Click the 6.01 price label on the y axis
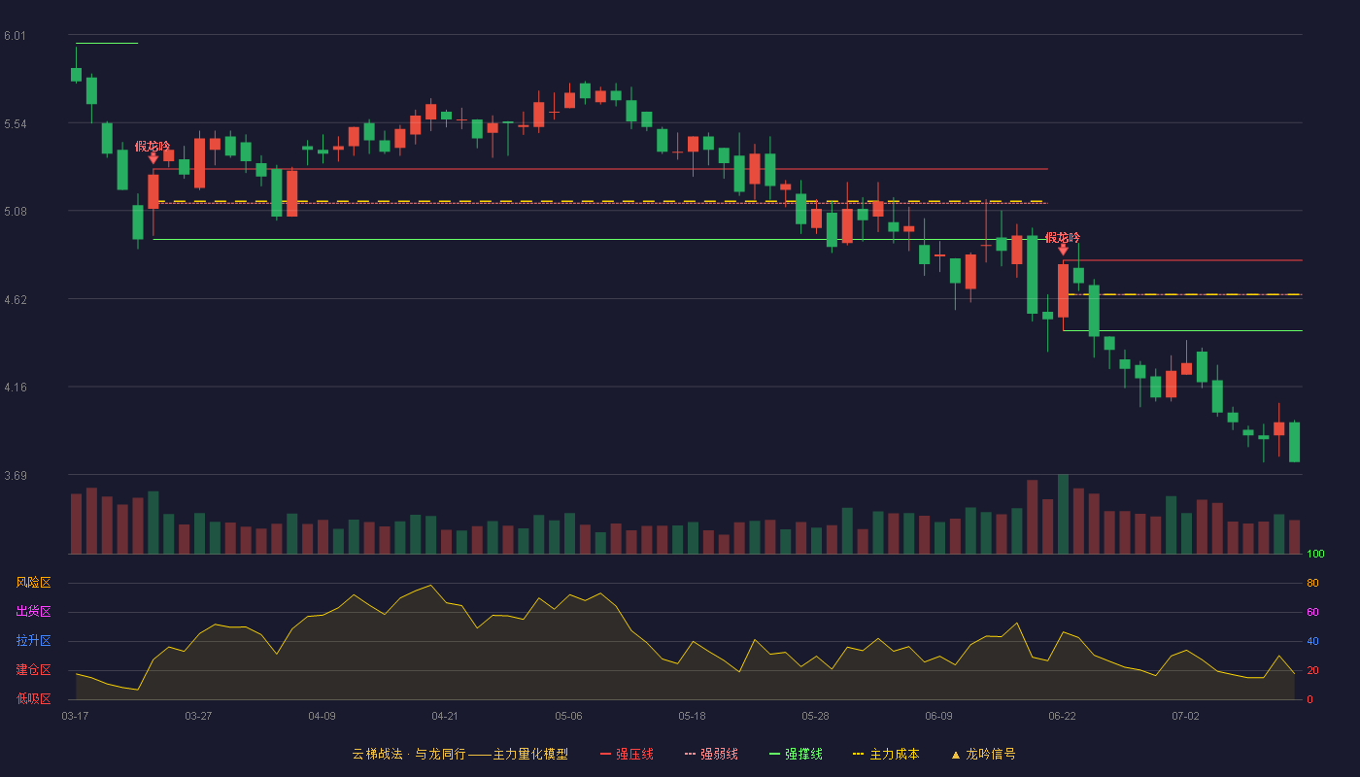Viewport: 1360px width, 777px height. point(16,36)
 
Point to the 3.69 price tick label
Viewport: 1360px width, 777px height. point(16,475)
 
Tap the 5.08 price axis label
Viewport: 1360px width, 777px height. point(16,212)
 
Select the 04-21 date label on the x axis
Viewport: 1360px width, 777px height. point(445,717)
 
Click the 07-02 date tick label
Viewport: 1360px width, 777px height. point(1185,717)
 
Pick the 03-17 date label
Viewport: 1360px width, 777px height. point(75,717)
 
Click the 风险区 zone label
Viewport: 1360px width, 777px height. point(33,582)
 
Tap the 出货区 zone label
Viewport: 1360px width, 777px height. point(33,611)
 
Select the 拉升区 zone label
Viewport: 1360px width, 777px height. point(33,640)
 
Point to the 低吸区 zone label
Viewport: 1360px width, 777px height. point(33,698)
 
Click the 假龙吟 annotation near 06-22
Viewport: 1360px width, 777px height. point(1063,237)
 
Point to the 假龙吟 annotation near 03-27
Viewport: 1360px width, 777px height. point(153,147)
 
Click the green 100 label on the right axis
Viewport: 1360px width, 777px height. point(1315,554)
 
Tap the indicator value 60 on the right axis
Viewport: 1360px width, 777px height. point(1312,612)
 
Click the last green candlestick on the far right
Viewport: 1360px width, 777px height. point(1294,442)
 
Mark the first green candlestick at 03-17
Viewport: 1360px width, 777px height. point(76,74)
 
